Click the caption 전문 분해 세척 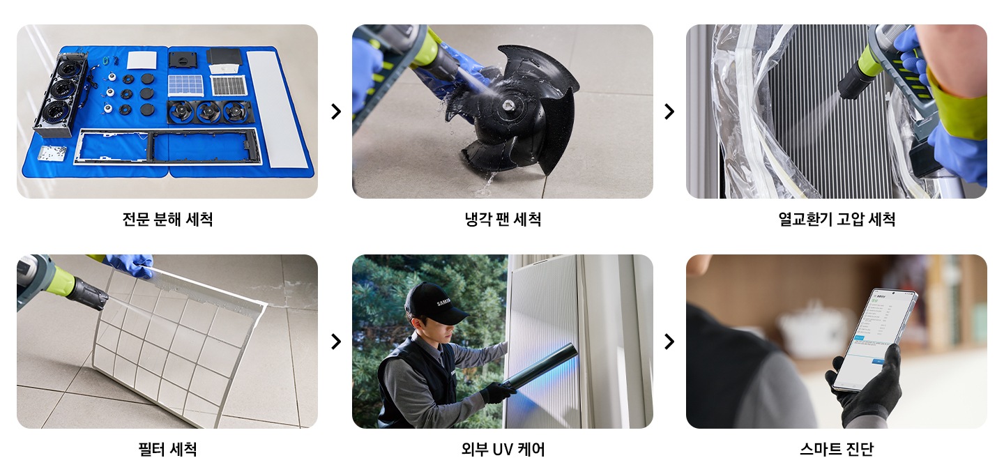(167, 220)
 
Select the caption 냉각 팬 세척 (502, 220)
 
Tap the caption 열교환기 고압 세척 (836, 220)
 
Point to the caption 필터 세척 (167, 450)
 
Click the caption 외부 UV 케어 (502, 450)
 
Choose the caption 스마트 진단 (836, 450)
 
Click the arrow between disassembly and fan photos (335, 112)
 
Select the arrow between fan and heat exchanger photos (669, 112)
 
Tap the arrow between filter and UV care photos (335, 342)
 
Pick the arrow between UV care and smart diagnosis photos (669, 342)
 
